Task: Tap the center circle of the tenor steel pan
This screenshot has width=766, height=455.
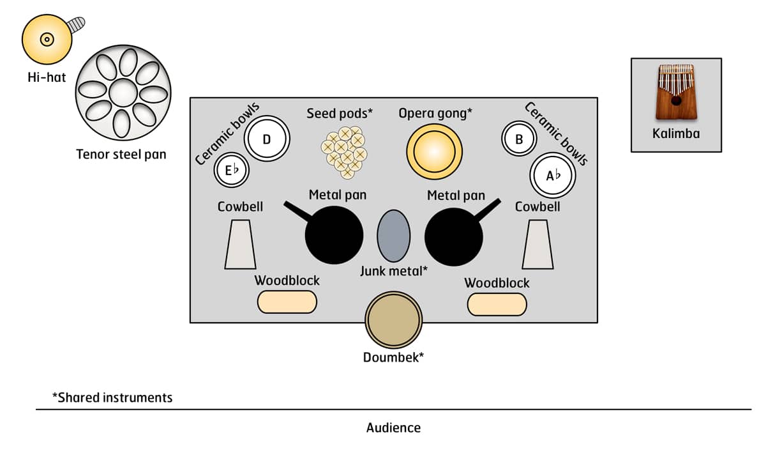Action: click(123, 93)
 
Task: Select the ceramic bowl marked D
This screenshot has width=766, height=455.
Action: click(267, 138)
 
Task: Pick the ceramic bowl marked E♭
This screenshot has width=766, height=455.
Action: click(230, 171)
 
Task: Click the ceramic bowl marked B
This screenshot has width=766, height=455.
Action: click(520, 139)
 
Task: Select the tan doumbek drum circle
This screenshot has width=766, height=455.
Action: click(394, 320)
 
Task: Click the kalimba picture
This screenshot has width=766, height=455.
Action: click(676, 93)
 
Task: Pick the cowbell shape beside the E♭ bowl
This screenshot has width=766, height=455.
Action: click(240, 245)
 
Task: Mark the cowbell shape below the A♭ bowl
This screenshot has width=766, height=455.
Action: click(537, 245)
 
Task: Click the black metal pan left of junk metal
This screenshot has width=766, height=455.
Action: click(334, 235)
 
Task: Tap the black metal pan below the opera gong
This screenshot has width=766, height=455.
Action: click(453, 236)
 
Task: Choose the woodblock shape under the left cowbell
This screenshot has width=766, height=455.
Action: click(287, 302)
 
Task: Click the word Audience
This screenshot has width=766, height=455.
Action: click(393, 428)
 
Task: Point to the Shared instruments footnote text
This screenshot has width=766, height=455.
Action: click(112, 397)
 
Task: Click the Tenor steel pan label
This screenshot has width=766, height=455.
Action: click(121, 154)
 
